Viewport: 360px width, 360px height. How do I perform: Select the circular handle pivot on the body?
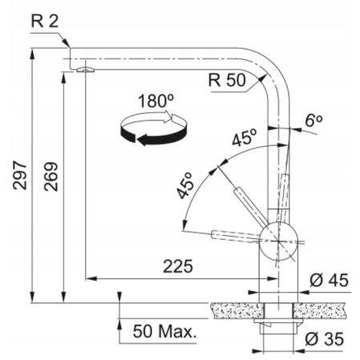click(277, 235)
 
